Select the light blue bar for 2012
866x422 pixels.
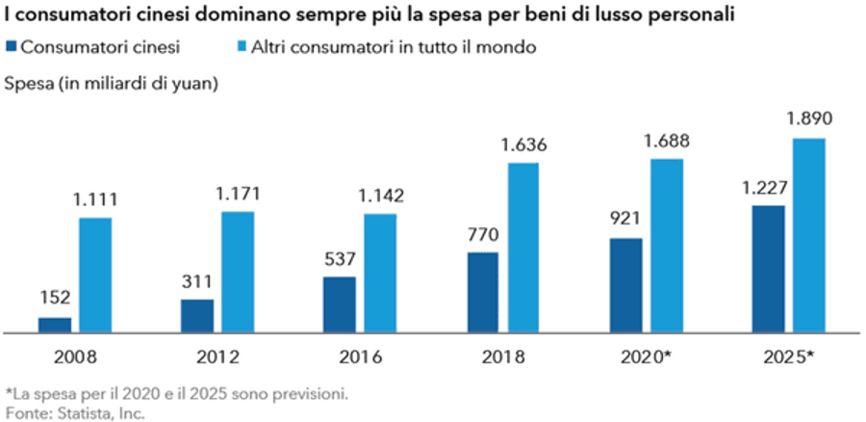[238, 273]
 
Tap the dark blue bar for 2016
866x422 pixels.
[339, 305]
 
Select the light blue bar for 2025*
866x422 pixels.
[807, 236]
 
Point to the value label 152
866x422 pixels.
[55, 298]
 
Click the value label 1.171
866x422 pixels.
[238, 193]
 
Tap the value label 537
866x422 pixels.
[339, 258]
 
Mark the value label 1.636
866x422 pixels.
[522, 145]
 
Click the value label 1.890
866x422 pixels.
[807, 119]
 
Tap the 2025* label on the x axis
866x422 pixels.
[788, 356]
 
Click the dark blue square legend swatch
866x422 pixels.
[11, 46]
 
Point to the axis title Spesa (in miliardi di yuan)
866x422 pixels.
[112, 83]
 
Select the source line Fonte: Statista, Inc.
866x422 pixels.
[73, 412]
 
